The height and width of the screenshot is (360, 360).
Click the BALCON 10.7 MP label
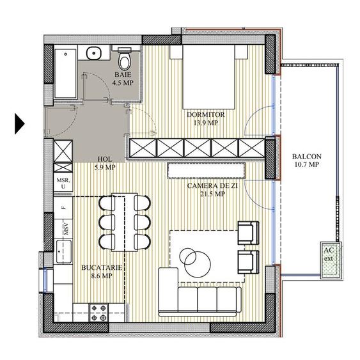pos(306,160)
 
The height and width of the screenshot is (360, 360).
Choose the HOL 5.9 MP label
pos(106,164)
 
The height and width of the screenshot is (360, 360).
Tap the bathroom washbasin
pos(94,54)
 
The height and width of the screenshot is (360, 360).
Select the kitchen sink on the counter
pos(65,251)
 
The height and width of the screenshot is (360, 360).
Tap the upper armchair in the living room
pos(248,233)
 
